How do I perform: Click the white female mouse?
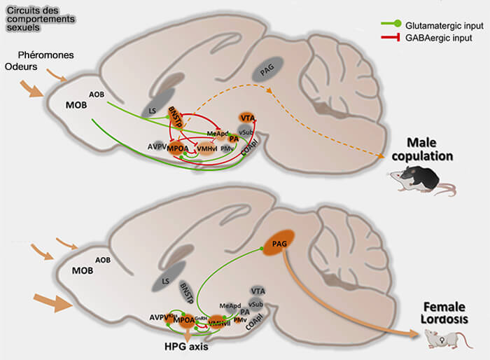(444, 340)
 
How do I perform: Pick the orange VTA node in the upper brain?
(246, 118)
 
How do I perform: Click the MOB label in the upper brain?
(77, 105)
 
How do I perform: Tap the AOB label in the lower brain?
(104, 258)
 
